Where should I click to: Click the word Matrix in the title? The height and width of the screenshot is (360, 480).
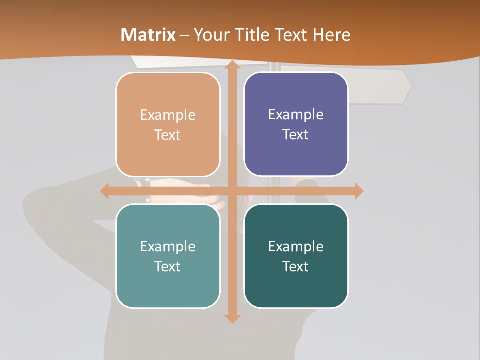click(148, 35)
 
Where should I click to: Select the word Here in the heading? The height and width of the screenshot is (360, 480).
click(332, 35)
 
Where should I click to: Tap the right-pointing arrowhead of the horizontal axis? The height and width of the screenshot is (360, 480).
click(358, 191)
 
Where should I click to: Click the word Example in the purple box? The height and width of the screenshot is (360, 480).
click(296, 114)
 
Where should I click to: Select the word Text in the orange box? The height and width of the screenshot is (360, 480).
click(167, 135)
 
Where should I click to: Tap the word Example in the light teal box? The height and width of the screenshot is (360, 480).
click(167, 246)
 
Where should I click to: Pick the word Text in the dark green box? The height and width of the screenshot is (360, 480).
click(296, 266)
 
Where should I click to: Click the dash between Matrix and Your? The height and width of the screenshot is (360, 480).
click(184, 35)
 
